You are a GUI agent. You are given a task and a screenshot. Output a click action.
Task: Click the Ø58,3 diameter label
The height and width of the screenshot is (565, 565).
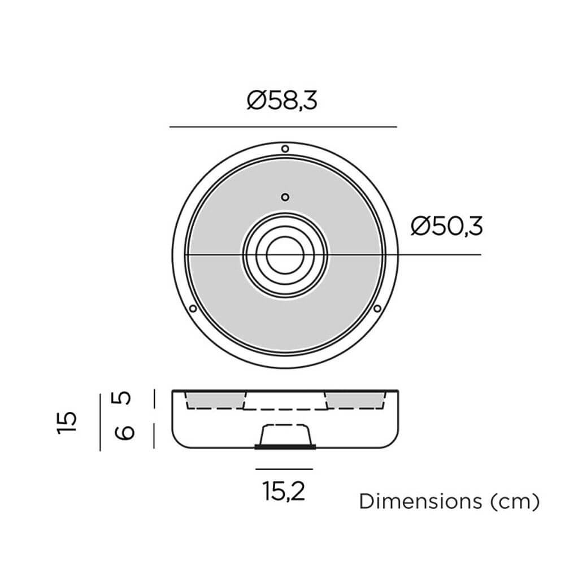click(282, 101)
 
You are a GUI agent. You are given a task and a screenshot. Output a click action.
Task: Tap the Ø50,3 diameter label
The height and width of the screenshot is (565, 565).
click(447, 227)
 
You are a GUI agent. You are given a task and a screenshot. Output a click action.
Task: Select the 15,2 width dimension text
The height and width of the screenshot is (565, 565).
click(284, 491)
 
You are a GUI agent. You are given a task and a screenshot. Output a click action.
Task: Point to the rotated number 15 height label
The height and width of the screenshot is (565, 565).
click(67, 422)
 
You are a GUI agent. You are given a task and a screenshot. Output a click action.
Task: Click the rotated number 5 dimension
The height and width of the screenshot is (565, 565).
click(124, 398)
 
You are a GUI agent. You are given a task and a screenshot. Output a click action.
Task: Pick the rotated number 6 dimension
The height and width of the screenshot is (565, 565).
click(124, 432)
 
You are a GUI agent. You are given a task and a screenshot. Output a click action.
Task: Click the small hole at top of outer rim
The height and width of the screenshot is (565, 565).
click(285, 149)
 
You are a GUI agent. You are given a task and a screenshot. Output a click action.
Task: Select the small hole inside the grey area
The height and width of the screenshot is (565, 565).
click(285, 197)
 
